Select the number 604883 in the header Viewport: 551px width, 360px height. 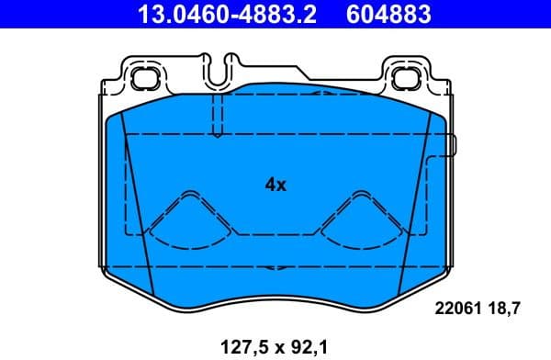click(x=387, y=15)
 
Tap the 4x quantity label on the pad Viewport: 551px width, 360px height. click(x=275, y=185)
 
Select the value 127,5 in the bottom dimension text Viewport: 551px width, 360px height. click(x=241, y=346)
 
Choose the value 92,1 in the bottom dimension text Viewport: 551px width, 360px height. click(x=309, y=346)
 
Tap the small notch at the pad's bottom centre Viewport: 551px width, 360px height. click(x=273, y=268)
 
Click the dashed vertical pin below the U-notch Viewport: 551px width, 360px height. click(x=218, y=115)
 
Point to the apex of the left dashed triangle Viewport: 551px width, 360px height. click(x=190, y=195)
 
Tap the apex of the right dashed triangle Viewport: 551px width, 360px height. click(x=358, y=195)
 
